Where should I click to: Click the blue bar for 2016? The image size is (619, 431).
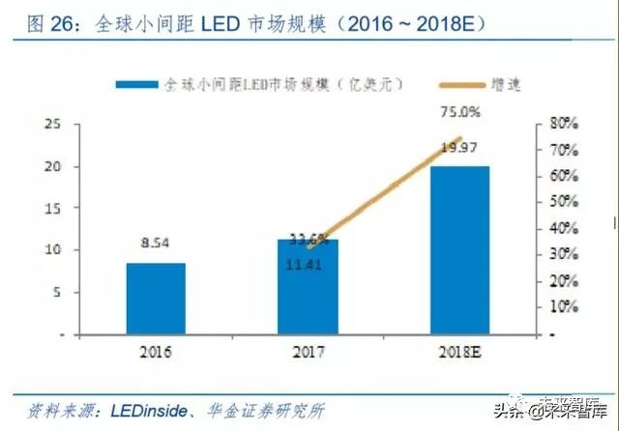(x=155, y=298)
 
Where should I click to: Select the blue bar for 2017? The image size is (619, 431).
(x=309, y=286)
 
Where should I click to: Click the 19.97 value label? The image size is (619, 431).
(x=459, y=147)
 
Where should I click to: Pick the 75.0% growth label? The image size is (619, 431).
(x=459, y=112)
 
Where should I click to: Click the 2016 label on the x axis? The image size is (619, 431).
(x=155, y=352)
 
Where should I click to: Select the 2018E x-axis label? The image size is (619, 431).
(x=459, y=352)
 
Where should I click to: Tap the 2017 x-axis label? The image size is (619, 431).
(x=308, y=352)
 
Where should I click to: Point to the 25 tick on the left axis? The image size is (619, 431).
(x=54, y=124)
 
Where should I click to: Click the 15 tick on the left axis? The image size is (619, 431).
(x=54, y=208)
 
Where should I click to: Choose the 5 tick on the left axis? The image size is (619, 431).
(x=58, y=292)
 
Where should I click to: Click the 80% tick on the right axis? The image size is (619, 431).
(x=563, y=124)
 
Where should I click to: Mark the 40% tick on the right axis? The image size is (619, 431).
(x=563, y=229)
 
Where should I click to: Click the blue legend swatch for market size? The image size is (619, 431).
(x=135, y=85)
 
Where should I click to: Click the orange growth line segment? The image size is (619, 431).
(x=387, y=189)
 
